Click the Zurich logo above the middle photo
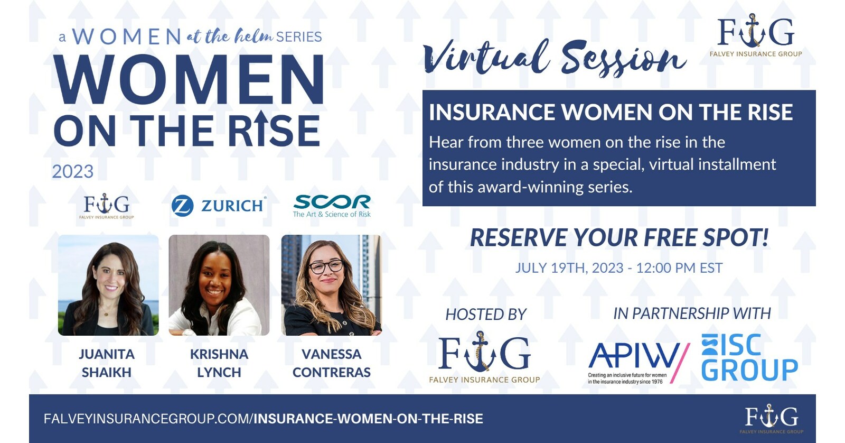tap(219, 206)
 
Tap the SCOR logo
tap(332, 206)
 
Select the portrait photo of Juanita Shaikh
tap(108, 285)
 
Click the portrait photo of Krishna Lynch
tap(219, 285)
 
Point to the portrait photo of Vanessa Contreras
tap(331, 285)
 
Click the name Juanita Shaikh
tap(107, 363)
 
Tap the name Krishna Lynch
tap(219, 363)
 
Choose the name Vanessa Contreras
tap(332, 363)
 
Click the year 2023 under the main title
tap(72, 172)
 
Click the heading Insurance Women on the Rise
tap(611, 113)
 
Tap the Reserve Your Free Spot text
tap(619, 238)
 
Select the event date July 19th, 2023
tap(619, 268)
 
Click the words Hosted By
tap(486, 315)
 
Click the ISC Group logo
tap(749, 357)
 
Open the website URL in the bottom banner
tap(263, 419)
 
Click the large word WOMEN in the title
tap(189, 79)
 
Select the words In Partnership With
tap(692, 313)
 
